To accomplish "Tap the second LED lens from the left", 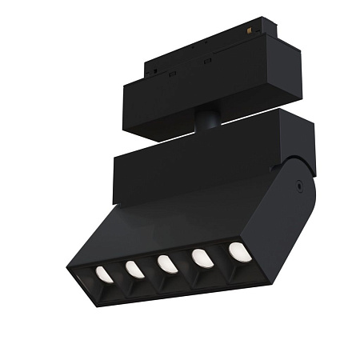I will tap(134, 269).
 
